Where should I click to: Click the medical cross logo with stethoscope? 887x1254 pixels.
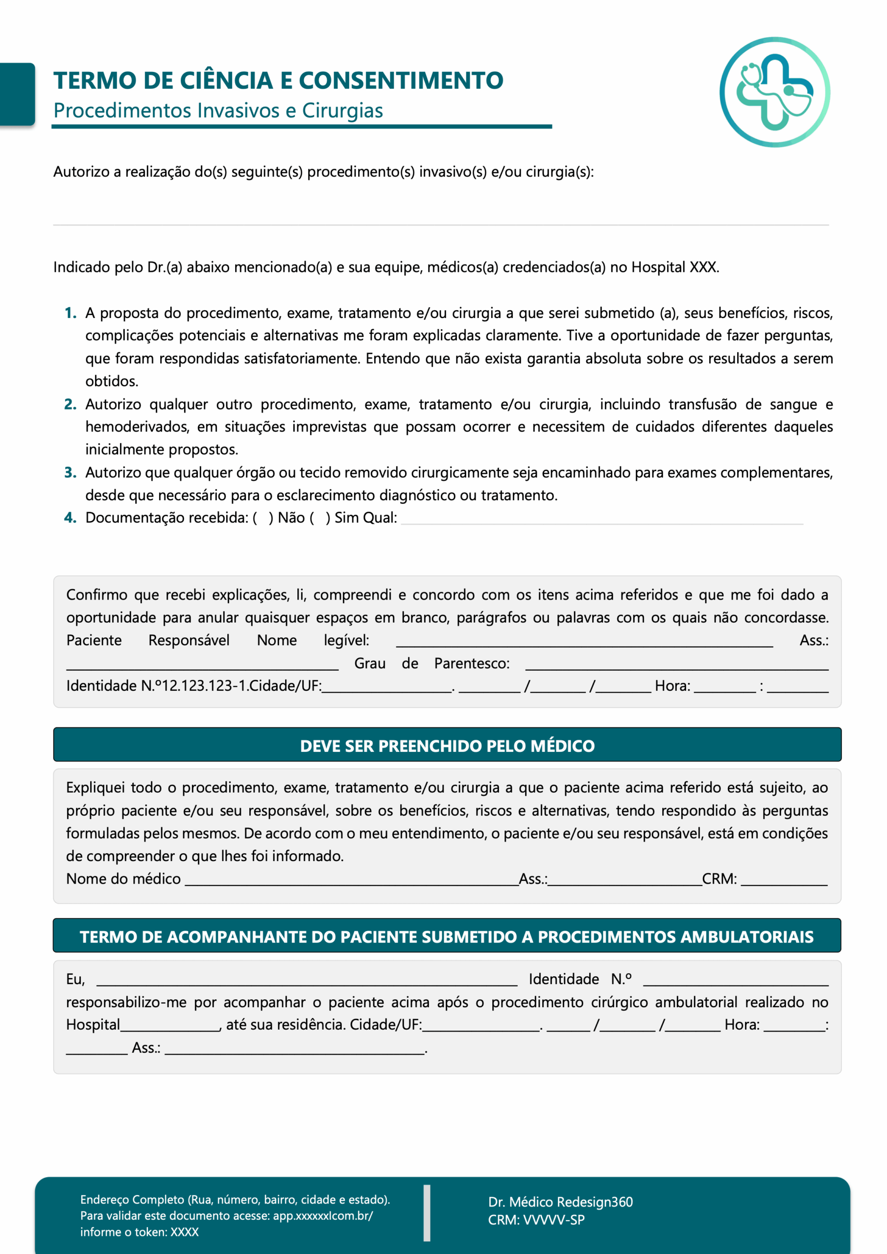point(774,92)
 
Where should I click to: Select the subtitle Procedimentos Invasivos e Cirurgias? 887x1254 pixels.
point(218,111)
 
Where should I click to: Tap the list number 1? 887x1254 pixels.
point(70,313)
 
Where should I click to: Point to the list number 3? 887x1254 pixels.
point(70,472)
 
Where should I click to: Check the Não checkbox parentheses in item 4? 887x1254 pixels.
point(263,518)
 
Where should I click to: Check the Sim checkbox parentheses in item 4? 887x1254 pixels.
point(319,518)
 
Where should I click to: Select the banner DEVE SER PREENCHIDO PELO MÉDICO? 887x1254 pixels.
point(447,746)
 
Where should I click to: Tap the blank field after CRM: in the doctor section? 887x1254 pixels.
point(784,880)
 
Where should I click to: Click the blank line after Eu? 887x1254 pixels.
point(306,981)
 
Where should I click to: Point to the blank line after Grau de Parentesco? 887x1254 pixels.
point(676,665)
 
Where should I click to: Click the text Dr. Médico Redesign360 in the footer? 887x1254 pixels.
point(560,1202)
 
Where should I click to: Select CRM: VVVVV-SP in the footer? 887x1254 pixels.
point(536,1220)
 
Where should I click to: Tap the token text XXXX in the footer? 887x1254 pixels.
point(185,1232)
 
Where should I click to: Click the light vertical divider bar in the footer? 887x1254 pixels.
point(427,1212)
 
